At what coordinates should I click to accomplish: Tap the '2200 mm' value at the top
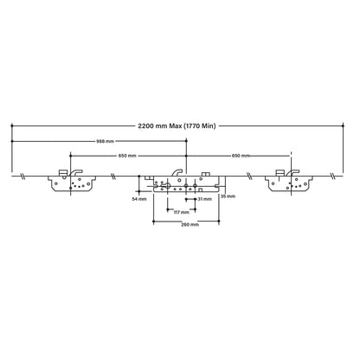click(x=157, y=126)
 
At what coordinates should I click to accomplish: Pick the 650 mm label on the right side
click(x=241, y=155)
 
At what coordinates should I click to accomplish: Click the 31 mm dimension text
click(x=204, y=199)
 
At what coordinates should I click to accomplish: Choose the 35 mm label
click(x=228, y=196)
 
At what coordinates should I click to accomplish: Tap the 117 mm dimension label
click(x=181, y=211)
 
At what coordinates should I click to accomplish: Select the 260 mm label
click(x=190, y=225)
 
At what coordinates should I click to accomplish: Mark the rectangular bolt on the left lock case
click(x=61, y=174)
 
